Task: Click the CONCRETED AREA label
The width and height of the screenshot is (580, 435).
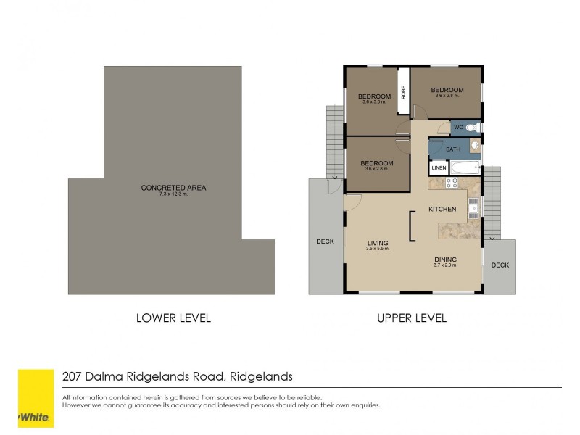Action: coord(173,188)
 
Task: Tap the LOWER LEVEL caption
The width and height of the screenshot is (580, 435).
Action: coord(173,318)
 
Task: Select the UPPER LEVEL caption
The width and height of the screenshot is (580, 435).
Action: coord(411,318)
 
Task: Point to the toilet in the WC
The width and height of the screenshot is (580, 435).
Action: coord(471,128)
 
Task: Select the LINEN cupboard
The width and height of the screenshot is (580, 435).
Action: coord(439,168)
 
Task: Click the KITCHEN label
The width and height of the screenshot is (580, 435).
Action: coord(442,209)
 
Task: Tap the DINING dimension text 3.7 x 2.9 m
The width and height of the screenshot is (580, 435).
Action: coord(445,266)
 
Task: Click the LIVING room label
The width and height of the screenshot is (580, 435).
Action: coord(377,243)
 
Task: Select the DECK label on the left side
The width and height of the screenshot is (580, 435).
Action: coord(325,241)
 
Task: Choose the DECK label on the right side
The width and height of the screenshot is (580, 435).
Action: coord(500,265)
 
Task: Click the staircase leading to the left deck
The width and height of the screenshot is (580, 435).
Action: coord(334,141)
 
